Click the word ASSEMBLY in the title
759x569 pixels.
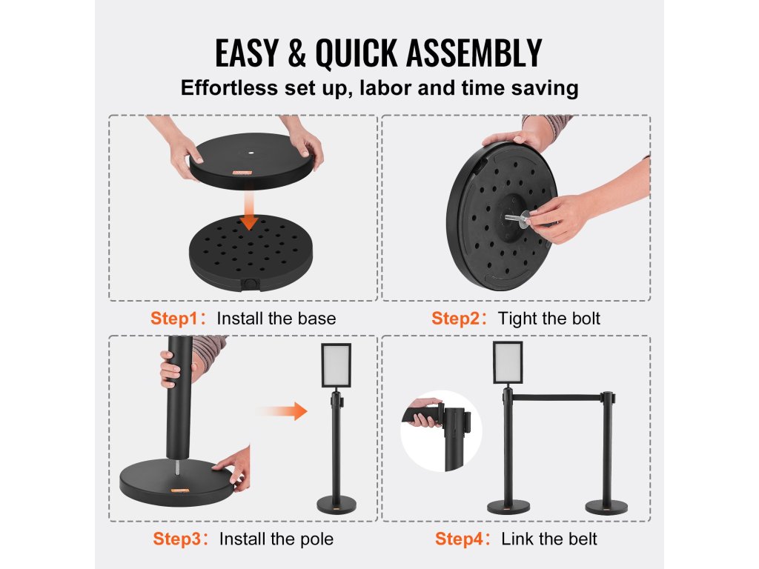(x=474, y=53)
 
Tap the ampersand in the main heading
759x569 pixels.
(x=296, y=53)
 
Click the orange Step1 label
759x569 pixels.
(x=175, y=319)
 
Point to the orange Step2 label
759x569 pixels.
(x=456, y=319)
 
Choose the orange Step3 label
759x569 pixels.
(x=177, y=539)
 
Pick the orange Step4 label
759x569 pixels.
(x=460, y=539)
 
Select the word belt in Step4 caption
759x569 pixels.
(x=583, y=539)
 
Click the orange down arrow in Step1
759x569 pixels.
(x=249, y=210)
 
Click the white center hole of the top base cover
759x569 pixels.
(x=252, y=153)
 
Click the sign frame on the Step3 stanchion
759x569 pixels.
(x=336, y=366)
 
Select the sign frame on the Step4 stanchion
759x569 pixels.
(x=508, y=363)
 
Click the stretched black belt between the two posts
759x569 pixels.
(x=556, y=398)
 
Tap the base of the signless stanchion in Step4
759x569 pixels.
(x=606, y=508)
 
